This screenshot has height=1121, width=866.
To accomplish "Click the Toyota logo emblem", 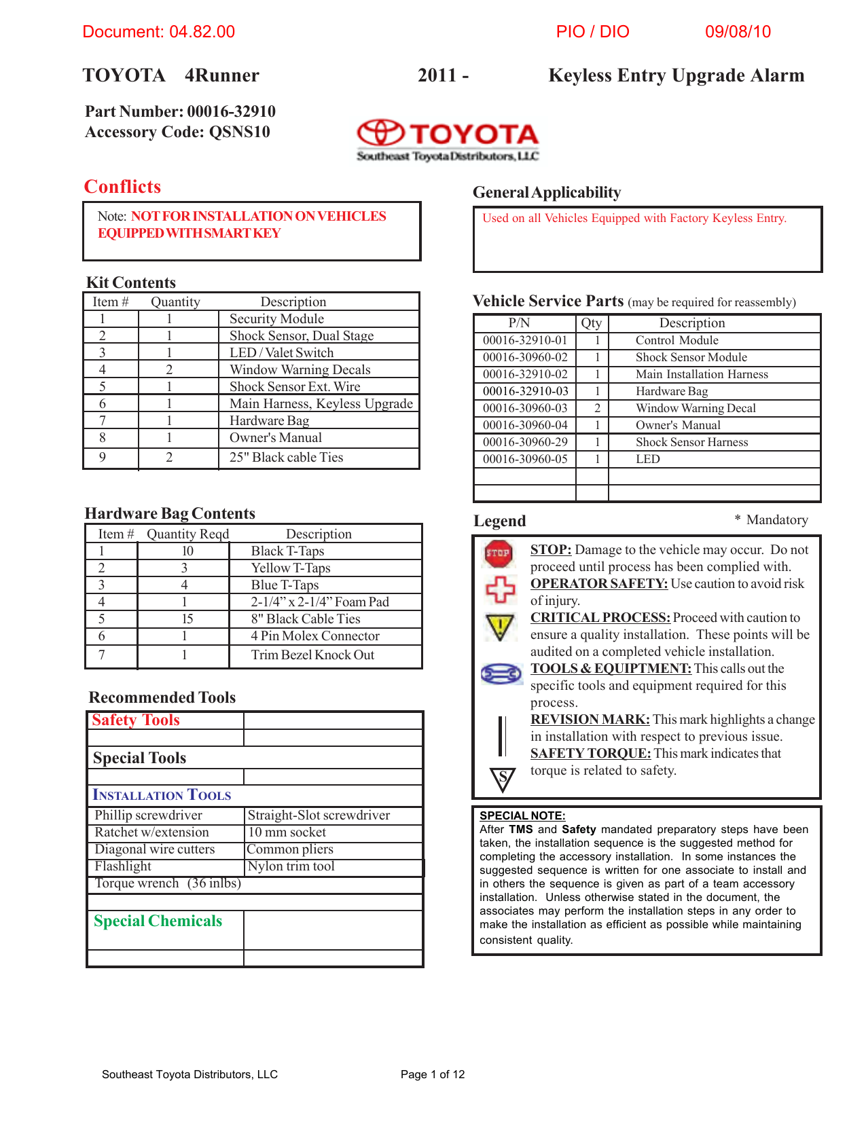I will point(381,132).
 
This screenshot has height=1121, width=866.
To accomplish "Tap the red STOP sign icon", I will point(498,553).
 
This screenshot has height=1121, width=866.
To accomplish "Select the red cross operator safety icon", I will point(500,589).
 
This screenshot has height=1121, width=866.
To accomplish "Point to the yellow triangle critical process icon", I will point(500,626).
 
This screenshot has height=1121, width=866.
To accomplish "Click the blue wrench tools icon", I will point(501,674).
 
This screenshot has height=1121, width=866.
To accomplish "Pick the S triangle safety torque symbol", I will point(503,779).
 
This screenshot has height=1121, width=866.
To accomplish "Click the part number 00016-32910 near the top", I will point(231,111).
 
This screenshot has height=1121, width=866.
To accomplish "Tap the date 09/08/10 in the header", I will point(738,32).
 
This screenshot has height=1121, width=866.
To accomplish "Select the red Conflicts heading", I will point(122,187).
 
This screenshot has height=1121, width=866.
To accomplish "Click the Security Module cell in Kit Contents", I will point(276,318).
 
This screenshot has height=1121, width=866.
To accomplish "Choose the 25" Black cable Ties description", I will point(286,457).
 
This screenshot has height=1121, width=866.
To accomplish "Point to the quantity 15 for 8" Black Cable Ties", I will point(187,619).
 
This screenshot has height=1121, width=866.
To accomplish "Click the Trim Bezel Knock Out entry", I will point(312,655).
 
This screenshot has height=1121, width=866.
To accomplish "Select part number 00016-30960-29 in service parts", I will point(525,442).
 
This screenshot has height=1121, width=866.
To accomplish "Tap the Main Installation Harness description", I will point(702,374).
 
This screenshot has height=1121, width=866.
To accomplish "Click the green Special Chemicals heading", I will point(158,921).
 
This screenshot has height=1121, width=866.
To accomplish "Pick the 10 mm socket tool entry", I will point(287,832).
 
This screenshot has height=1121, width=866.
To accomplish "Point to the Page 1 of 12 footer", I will point(433,1074).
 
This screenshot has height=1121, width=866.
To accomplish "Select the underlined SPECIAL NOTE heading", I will point(522,815).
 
